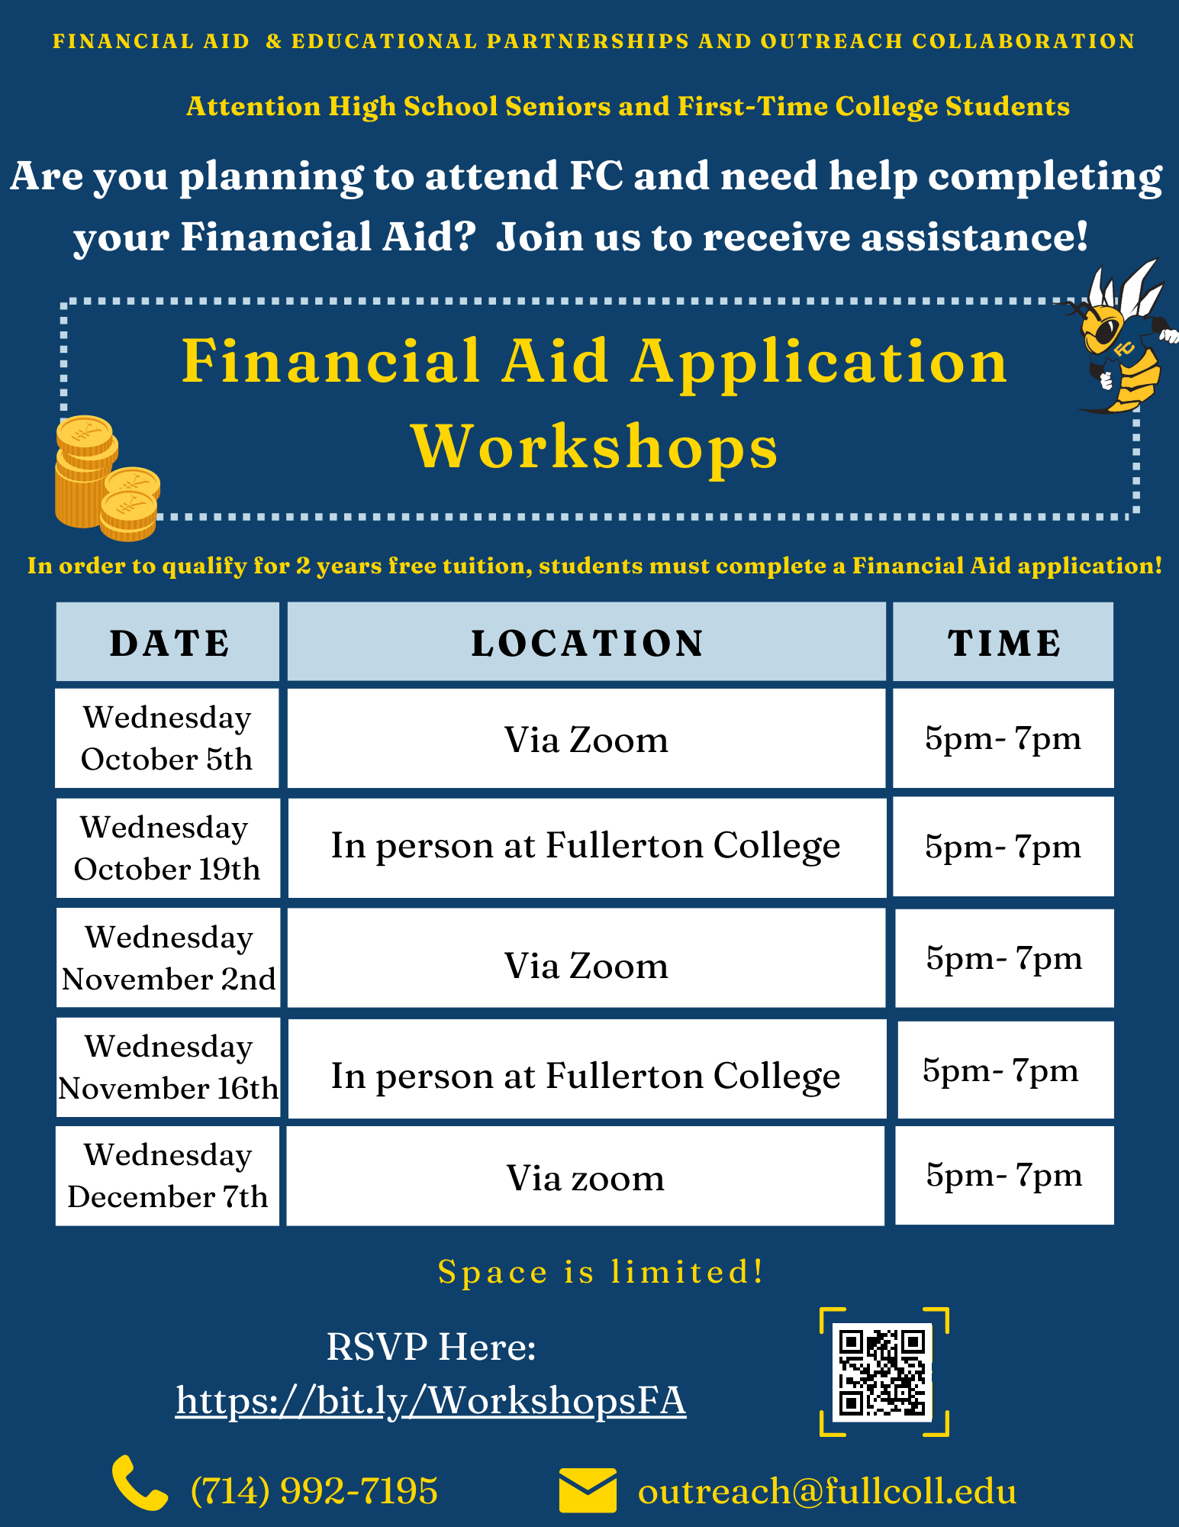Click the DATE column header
[168, 642]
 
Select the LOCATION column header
[586, 642]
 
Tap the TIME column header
[1003, 642]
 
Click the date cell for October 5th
[167, 738]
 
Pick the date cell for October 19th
[167, 848]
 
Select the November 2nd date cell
[168, 958]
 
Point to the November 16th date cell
[168, 1067]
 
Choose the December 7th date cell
[167, 1176]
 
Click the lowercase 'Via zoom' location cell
[585, 1177]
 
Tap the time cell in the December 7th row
[1004, 1175]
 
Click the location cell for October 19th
[586, 847]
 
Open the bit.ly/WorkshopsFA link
[431, 1401]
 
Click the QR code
[883, 1372]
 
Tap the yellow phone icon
[139, 1483]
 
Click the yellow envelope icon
[587, 1489]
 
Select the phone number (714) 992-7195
[314, 1490]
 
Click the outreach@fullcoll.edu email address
[827, 1491]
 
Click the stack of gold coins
[105, 477]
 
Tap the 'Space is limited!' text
[601, 1272]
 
